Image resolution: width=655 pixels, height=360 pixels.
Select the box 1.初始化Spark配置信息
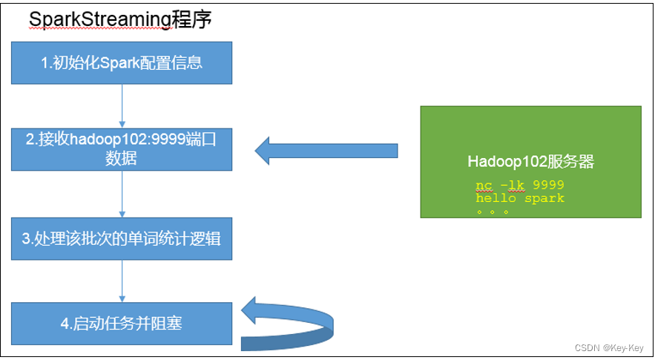pyautogui.click(x=122, y=62)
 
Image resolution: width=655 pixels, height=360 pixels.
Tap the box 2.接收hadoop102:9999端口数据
pyautogui.click(x=122, y=149)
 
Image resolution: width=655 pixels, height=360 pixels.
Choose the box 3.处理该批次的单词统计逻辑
pyautogui.click(x=122, y=239)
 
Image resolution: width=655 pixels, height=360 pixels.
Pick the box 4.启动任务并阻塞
pyautogui.click(x=122, y=323)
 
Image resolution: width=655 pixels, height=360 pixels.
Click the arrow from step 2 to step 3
pyautogui.click(x=122, y=194)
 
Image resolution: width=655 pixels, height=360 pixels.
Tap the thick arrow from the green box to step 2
pyautogui.click(x=326, y=151)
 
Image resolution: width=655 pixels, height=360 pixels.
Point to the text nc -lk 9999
pyautogui.click(x=519, y=184)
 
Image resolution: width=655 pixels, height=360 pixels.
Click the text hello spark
pyautogui.click(x=519, y=198)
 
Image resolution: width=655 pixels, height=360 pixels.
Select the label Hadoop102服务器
pyautogui.click(x=530, y=162)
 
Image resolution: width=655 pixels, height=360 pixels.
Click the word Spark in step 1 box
pyautogui.click(x=121, y=62)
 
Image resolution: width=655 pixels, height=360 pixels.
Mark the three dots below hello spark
pyautogui.click(x=493, y=212)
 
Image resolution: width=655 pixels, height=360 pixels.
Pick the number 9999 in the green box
pyautogui.click(x=548, y=184)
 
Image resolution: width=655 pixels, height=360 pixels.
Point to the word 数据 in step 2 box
pyautogui.click(x=122, y=158)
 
